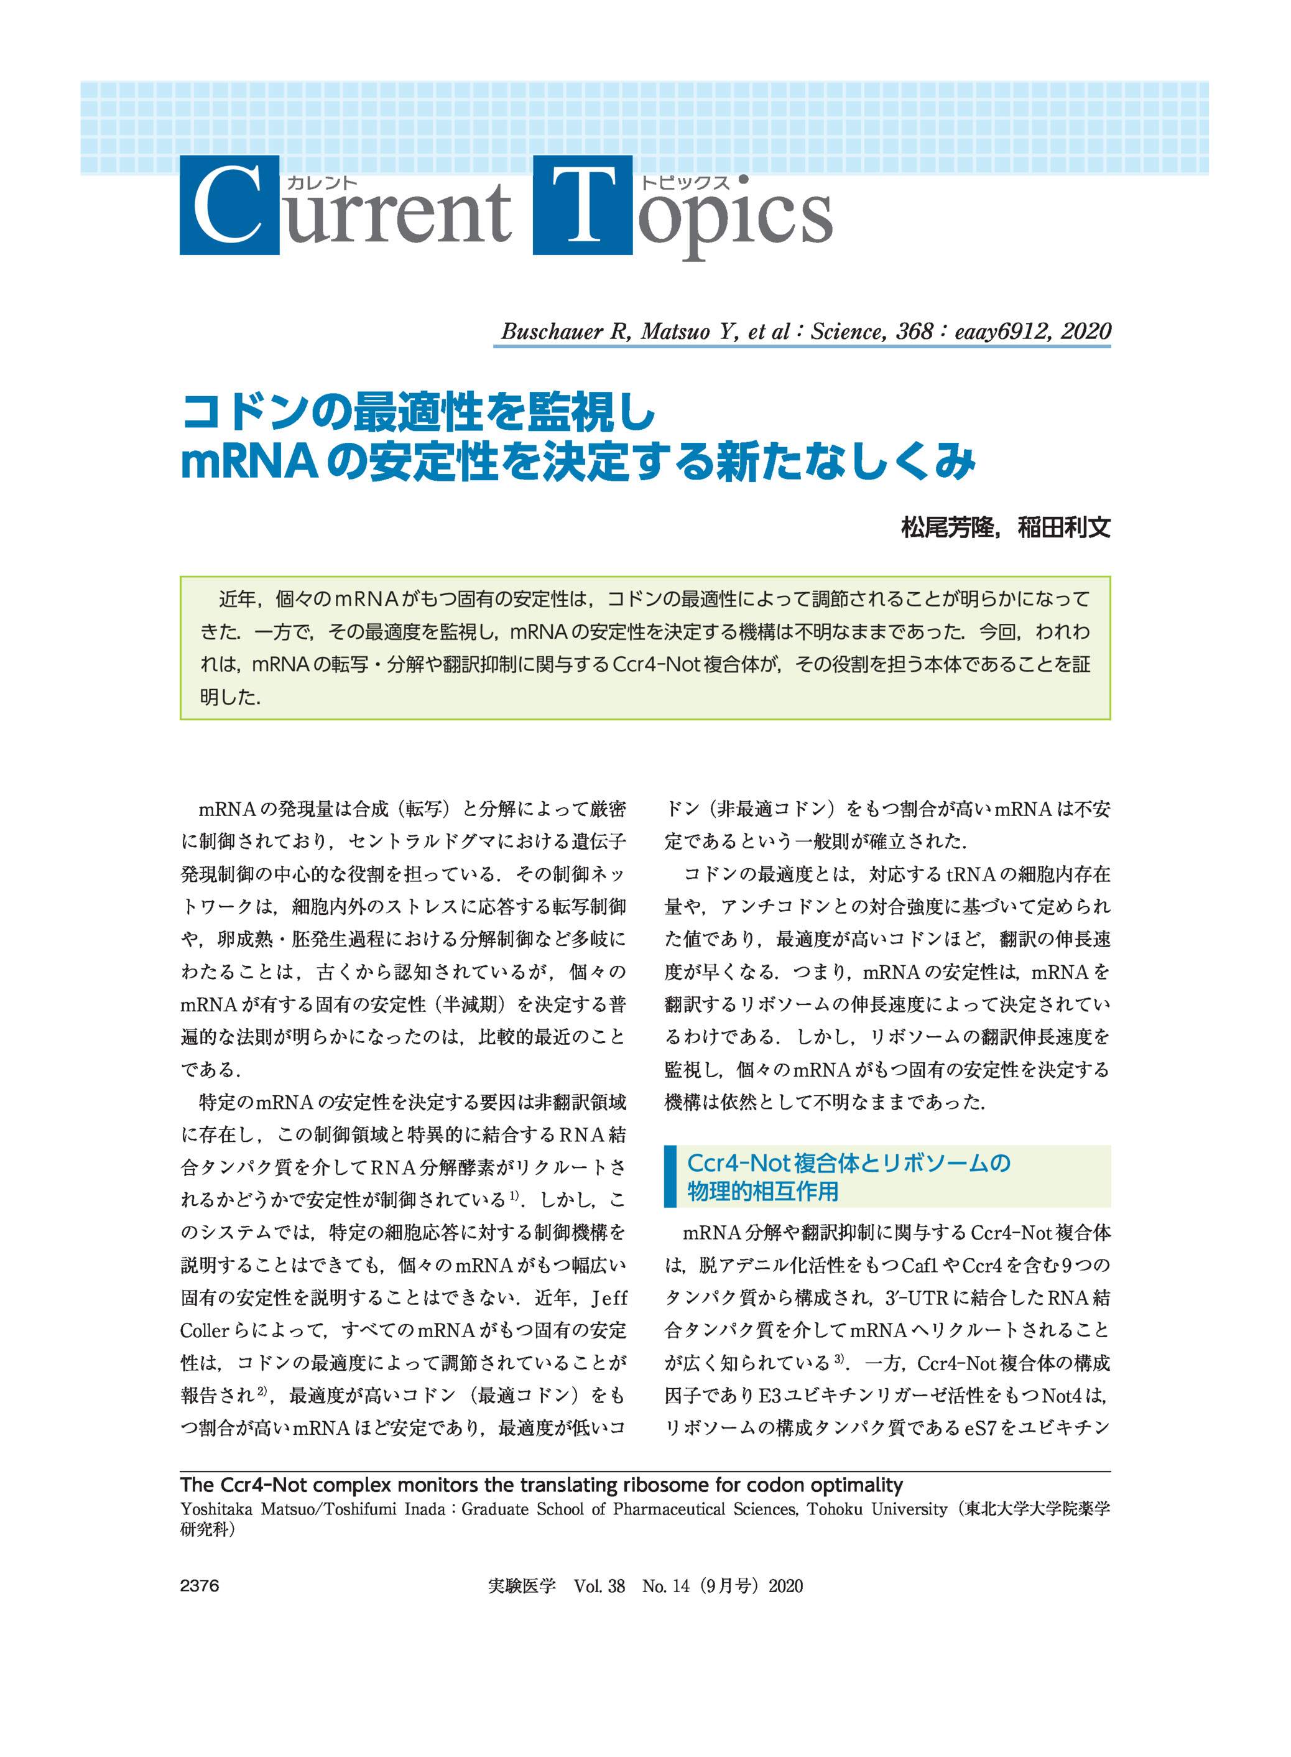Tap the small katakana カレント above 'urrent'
pos(321,183)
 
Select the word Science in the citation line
pos(847,331)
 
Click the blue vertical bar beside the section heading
pos(670,1176)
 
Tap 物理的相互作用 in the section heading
pos(762,1191)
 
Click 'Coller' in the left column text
pos(204,1330)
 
